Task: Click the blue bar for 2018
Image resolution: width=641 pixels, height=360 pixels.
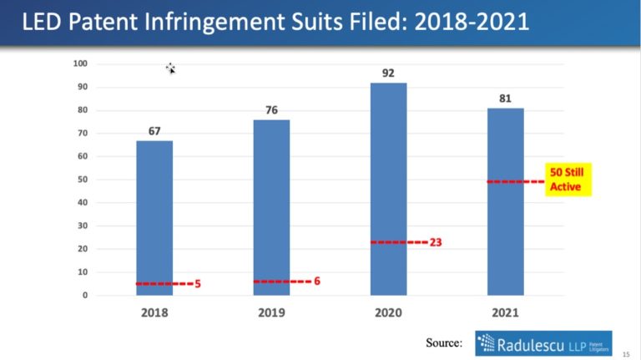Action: (x=154, y=217)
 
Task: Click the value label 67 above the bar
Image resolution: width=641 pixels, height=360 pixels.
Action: (x=154, y=131)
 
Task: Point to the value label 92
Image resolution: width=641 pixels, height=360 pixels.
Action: (x=388, y=73)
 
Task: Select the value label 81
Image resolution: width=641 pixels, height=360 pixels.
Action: (x=505, y=99)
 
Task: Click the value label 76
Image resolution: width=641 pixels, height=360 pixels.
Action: (x=271, y=110)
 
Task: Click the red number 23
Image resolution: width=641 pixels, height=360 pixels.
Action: (x=437, y=242)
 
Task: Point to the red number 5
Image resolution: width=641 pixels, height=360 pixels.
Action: (x=198, y=284)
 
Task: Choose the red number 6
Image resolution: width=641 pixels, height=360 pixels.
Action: (x=317, y=281)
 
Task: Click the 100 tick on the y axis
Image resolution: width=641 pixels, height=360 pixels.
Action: (x=81, y=64)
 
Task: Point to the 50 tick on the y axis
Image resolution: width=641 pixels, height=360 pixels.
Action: (x=83, y=180)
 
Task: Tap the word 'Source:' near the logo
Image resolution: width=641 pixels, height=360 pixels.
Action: (x=443, y=342)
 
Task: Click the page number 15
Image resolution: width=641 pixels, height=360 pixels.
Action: (x=625, y=352)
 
